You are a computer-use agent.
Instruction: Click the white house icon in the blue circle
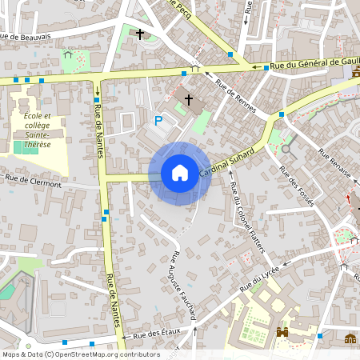[180, 173]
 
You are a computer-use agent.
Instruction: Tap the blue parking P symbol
[158, 121]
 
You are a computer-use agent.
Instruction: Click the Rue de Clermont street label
[33, 180]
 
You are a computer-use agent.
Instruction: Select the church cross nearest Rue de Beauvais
[140, 34]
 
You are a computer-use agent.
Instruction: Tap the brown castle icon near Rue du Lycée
[282, 332]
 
